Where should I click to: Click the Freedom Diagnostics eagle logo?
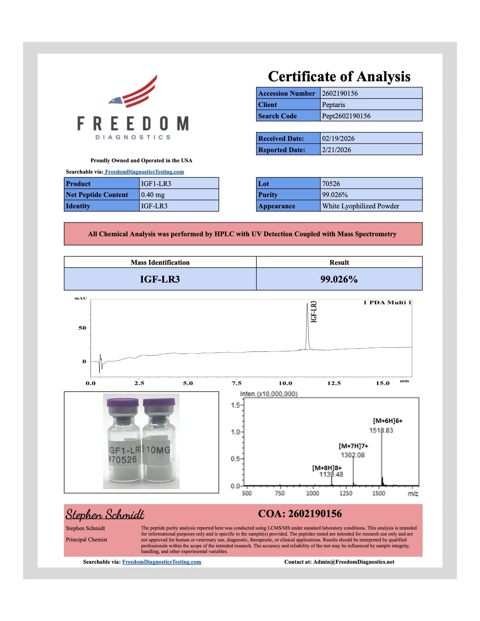133,91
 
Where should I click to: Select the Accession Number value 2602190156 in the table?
340,93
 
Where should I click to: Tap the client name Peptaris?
333,105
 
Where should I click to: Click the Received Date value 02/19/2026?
338,139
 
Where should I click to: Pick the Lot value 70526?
331,184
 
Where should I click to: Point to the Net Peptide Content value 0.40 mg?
153,195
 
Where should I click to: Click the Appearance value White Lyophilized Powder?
360,206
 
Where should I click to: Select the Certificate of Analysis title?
339,76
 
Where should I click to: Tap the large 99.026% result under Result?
339,279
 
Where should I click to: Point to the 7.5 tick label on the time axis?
237,383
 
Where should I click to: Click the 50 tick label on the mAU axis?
82,328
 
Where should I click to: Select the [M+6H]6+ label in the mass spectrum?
388,421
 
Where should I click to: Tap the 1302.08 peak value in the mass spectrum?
353,455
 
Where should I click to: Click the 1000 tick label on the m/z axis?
312,493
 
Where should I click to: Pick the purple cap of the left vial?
123,403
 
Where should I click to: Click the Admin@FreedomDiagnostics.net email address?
354,562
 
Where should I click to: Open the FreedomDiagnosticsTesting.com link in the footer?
162,562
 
